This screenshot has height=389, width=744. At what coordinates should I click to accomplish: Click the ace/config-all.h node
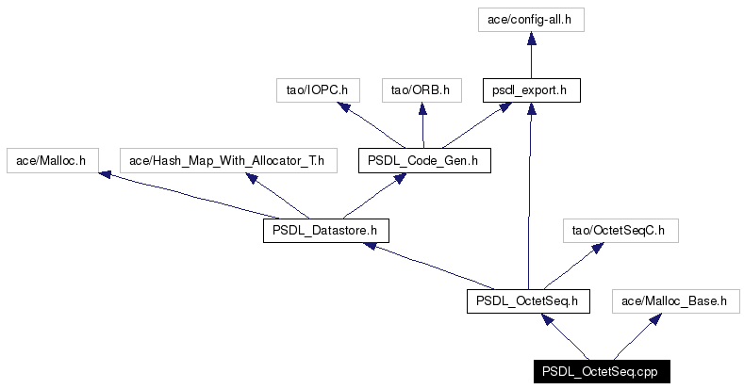pos(531,20)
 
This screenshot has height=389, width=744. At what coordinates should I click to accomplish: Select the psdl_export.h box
pos(532,90)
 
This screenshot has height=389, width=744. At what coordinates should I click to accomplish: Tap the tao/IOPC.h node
pos(318,90)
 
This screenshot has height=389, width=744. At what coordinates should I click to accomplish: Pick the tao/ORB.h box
pos(422,90)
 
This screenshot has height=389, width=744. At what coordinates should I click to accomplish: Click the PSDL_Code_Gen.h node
pos(424,161)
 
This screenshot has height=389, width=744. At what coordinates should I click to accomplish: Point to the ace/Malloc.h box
pos(53,161)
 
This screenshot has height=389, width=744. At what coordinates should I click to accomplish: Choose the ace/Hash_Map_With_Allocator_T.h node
pos(228,161)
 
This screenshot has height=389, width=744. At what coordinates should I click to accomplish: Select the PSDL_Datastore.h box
pos(326,231)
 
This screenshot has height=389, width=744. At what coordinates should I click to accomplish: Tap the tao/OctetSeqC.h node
pos(620,231)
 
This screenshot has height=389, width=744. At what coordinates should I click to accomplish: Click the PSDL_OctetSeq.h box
pos(528,301)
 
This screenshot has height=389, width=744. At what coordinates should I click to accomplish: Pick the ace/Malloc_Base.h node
pos(676,301)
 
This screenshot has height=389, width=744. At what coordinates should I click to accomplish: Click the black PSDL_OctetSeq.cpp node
pos(602,371)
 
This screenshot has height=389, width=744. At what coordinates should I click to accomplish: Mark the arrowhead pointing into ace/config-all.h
pos(532,38)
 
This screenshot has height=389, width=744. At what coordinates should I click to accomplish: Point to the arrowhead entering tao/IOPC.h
pos(344,107)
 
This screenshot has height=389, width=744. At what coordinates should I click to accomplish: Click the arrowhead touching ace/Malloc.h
pos(105,175)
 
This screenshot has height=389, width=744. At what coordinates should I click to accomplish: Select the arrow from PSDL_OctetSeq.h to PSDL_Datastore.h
pos(428,266)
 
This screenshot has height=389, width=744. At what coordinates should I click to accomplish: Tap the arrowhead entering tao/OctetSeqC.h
pos(598,248)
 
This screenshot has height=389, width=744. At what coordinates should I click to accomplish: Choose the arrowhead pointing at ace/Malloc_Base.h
pos(655,319)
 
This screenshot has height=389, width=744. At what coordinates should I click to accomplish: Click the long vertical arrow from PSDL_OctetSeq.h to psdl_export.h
pos(530,196)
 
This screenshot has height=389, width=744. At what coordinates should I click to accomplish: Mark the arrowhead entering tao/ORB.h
pos(422,108)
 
